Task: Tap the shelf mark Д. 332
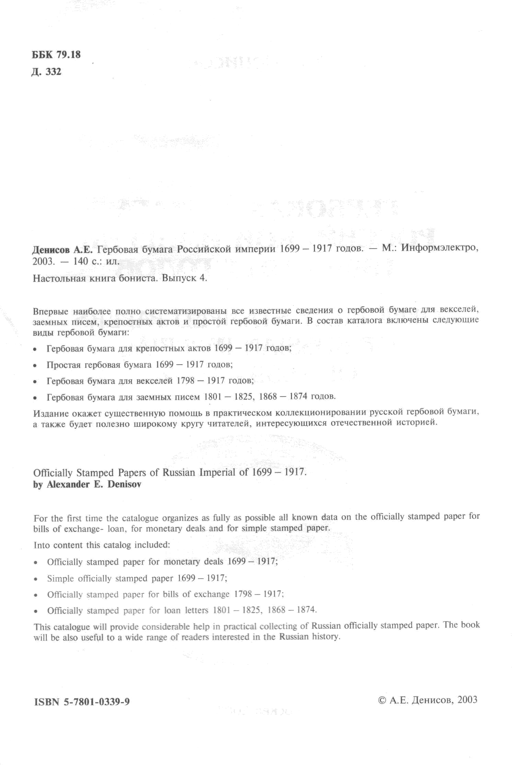pos(46,72)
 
